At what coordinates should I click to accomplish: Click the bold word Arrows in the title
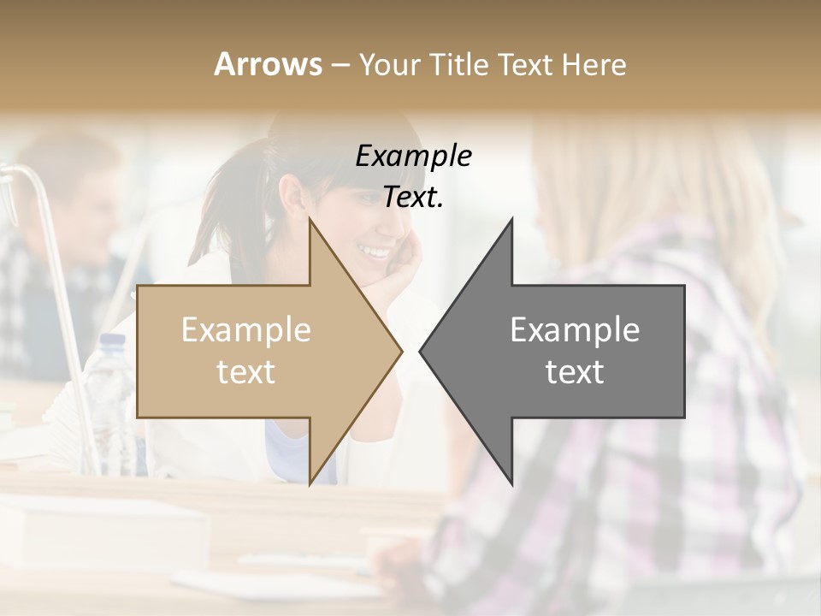pyautogui.click(x=269, y=64)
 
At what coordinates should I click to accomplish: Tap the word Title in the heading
pyautogui.click(x=458, y=64)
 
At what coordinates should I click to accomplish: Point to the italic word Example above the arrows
pyautogui.click(x=413, y=157)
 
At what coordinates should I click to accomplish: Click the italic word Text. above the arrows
pyautogui.click(x=413, y=198)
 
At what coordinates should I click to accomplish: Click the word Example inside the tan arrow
pyautogui.click(x=246, y=330)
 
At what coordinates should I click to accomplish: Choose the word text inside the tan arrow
pyautogui.click(x=246, y=372)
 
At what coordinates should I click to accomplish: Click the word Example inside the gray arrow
pyautogui.click(x=575, y=330)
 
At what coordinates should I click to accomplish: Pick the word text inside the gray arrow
pyautogui.click(x=575, y=372)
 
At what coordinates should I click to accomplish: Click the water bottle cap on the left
pyautogui.click(x=112, y=340)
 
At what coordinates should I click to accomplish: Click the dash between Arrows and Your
pyautogui.click(x=340, y=65)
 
